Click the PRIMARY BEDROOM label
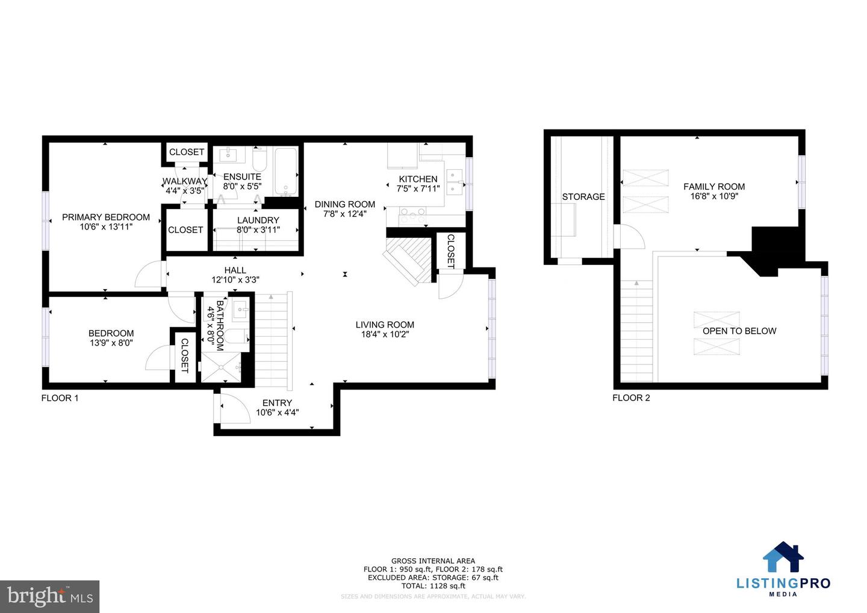point(106,217)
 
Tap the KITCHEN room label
point(418,179)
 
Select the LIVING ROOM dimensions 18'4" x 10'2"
point(385,334)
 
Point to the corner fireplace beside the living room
point(410,259)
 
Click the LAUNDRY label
point(258,220)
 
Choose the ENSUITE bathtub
point(286,172)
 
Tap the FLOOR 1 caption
point(60,398)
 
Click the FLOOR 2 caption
point(631,398)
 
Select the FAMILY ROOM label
point(714,187)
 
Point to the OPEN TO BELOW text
point(739,331)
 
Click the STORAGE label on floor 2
point(583,197)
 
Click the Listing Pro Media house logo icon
point(783,557)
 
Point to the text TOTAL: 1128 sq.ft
point(433,585)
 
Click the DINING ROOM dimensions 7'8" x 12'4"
point(345,214)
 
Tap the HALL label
point(235,270)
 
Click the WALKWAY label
point(184,181)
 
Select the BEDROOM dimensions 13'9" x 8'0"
point(111,343)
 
